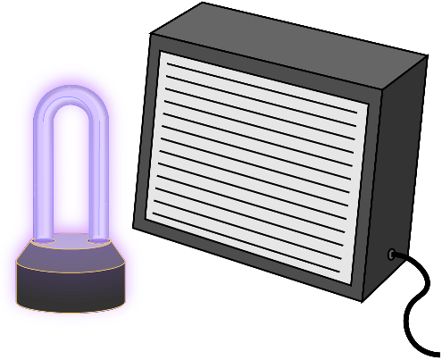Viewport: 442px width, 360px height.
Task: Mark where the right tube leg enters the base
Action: click(98, 238)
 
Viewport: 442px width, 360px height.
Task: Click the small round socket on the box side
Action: click(392, 255)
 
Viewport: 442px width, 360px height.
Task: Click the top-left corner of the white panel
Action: click(161, 53)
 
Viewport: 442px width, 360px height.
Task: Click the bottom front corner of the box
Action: click(362, 300)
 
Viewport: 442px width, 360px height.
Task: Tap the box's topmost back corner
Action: click(204, 4)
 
